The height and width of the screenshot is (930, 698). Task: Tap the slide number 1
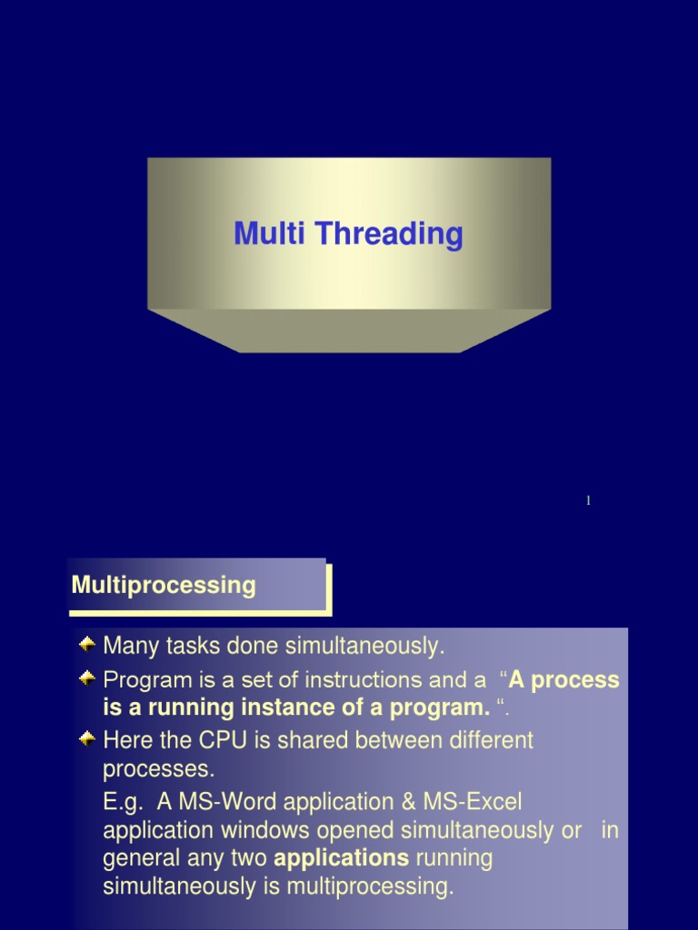(x=588, y=501)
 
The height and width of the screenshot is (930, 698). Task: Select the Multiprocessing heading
(x=164, y=585)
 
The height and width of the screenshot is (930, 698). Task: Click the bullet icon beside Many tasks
(x=88, y=645)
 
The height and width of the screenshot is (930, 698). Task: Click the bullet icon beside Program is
(x=88, y=678)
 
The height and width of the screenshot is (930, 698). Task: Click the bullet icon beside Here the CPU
(x=88, y=738)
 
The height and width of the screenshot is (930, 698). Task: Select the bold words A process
(x=563, y=680)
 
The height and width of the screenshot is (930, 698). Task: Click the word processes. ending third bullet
(x=159, y=769)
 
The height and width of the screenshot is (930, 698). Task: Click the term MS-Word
(x=226, y=802)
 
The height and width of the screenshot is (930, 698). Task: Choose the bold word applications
(x=341, y=858)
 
